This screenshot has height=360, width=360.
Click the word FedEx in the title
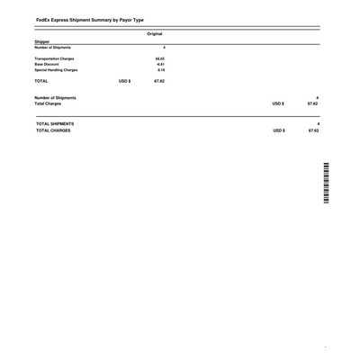pos(44,18)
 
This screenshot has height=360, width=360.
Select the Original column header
pos(154,33)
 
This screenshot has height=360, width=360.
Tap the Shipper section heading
pos(44,41)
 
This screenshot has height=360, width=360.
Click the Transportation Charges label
pos(60,59)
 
